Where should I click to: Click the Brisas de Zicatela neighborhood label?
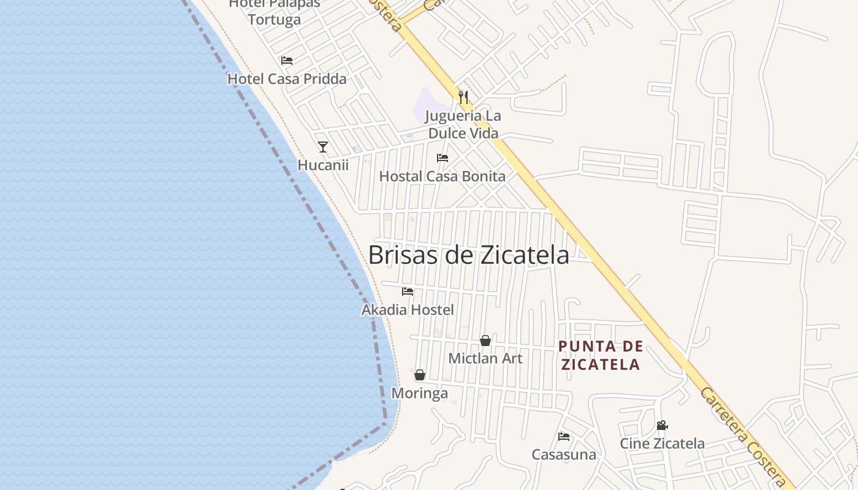tap(468, 255)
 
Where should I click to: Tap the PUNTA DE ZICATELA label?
tap(600, 356)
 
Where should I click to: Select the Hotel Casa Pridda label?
tap(287, 79)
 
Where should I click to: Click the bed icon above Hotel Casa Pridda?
tap(286, 61)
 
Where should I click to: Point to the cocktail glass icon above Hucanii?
tap(323, 147)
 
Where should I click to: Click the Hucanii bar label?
tap(323, 165)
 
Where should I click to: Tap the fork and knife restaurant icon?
tap(463, 97)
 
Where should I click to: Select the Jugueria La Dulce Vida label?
tap(463, 124)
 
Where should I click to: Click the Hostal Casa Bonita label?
tap(442, 176)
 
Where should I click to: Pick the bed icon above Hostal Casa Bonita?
tap(442, 158)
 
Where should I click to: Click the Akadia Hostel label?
tap(408, 310)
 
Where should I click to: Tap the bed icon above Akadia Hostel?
tap(408, 292)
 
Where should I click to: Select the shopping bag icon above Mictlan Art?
tap(485, 341)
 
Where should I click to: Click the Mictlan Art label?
tap(485, 358)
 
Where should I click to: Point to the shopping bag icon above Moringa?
tap(420, 375)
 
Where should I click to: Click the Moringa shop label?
tap(420, 393)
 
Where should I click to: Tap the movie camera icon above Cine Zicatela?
tap(662, 425)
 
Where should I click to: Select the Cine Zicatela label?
tap(662, 443)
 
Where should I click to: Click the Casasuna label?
tap(564, 454)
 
